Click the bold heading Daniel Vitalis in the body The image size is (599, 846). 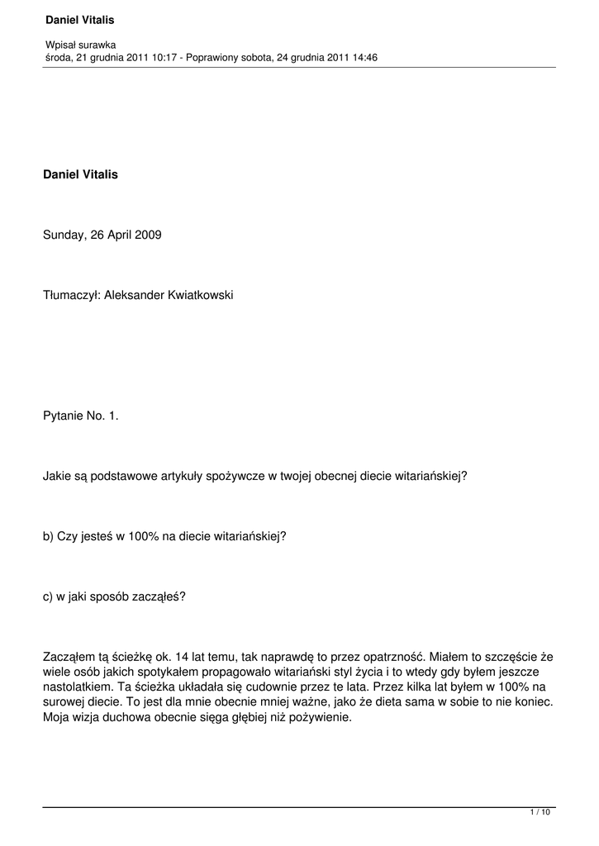(x=80, y=174)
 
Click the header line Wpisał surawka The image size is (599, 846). (x=80, y=45)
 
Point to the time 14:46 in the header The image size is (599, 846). (x=365, y=57)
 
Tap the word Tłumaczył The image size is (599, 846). (x=71, y=295)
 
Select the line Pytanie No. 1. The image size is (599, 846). (x=81, y=416)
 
